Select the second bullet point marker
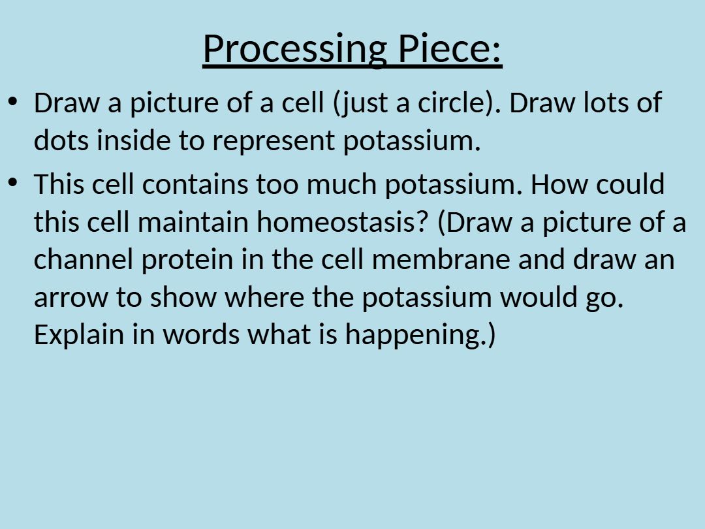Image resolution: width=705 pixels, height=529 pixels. [12, 183]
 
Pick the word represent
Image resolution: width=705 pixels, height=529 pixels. [274, 141]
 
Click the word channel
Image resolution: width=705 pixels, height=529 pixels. [83, 259]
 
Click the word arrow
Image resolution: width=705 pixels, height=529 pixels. [70, 298]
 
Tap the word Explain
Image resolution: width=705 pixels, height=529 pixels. [79, 336]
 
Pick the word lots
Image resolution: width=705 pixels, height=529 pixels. [605, 103]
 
